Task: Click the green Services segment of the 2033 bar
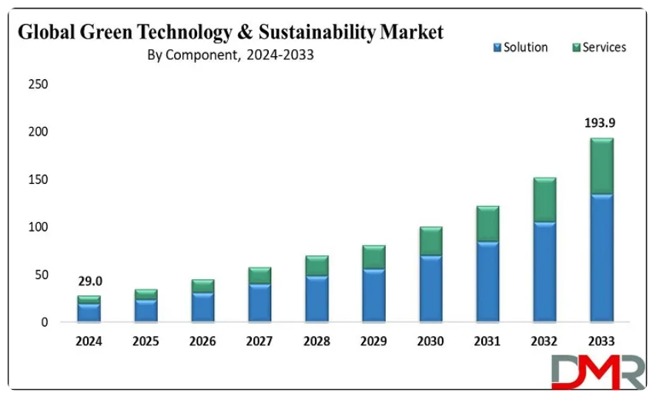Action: click(601, 166)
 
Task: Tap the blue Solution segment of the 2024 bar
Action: click(89, 312)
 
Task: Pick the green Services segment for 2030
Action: click(430, 241)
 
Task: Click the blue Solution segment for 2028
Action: click(316, 298)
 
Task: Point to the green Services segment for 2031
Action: click(487, 224)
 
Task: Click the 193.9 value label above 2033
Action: click(601, 123)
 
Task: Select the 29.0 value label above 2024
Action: click(89, 281)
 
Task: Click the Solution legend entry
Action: click(521, 48)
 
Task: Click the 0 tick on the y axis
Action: click(44, 322)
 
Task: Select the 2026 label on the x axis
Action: click(203, 341)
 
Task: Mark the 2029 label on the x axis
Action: click(373, 341)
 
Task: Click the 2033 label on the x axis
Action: click(601, 341)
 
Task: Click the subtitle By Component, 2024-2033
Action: click(231, 55)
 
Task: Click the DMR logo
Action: click(598, 371)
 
